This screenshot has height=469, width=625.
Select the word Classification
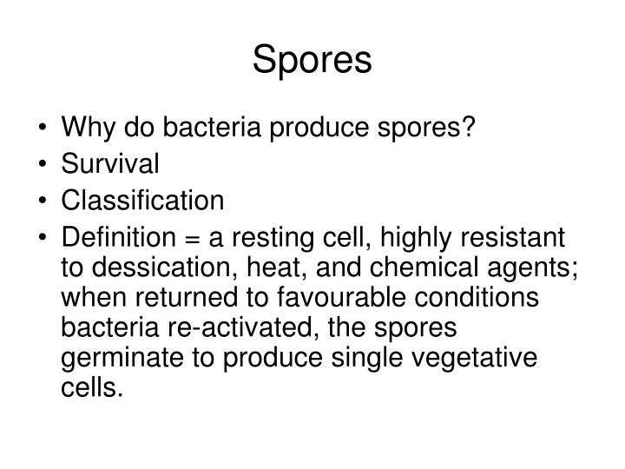pyautogui.click(x=142, y=201)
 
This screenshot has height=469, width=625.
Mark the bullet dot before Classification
pyautogui.click(x=44, y=202)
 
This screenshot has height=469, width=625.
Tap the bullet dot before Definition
pyautogui.click(x=44, y=238)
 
